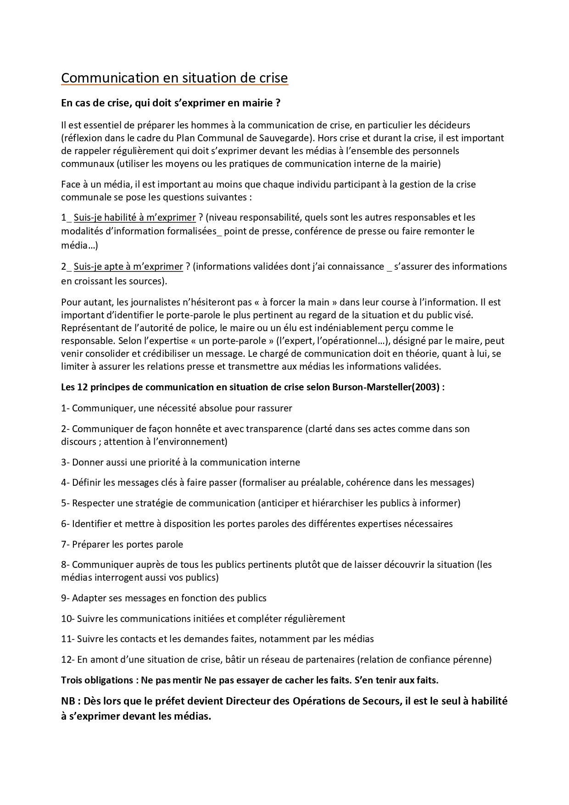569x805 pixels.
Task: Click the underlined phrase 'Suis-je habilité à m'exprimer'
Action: (134, 217)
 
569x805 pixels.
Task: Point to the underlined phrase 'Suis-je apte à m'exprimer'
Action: (128, 266)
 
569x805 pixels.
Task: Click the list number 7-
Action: (66, 544)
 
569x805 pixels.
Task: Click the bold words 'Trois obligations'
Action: (97, 680)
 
